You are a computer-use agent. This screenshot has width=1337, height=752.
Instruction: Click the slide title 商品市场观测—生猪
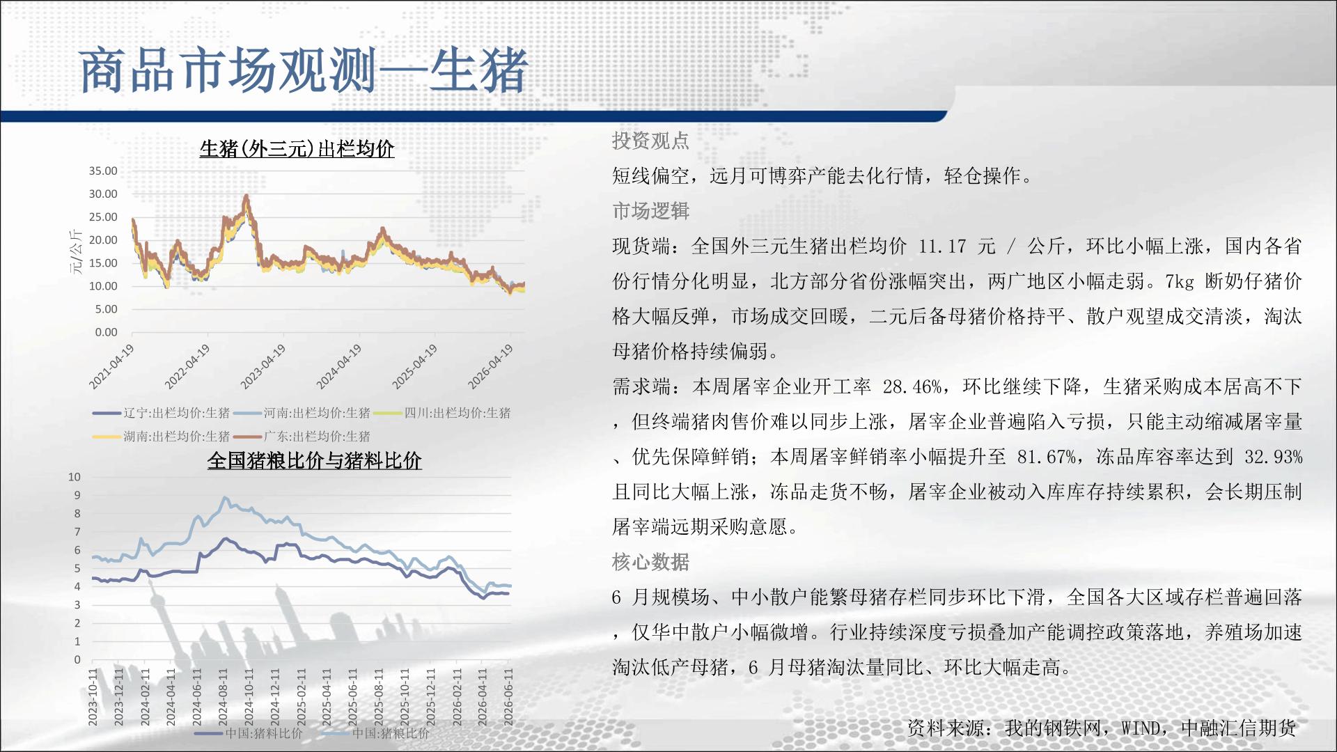click(304, 71)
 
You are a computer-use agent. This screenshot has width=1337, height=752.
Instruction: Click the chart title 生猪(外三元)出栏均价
click(297, 149)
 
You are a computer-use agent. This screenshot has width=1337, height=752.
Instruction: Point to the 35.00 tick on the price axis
click(103, 171)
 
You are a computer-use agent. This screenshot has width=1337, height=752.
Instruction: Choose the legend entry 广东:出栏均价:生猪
click(302, 437)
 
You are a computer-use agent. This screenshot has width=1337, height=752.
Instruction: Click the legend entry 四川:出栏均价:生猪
click(442, 413)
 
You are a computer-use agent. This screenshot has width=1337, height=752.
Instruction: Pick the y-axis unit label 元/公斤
click(76, 251)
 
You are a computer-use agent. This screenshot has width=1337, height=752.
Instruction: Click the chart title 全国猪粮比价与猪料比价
click(315, 460)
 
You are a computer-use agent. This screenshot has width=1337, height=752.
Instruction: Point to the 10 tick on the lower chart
click(75, 477)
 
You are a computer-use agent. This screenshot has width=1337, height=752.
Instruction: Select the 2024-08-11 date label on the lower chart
click(223, 697)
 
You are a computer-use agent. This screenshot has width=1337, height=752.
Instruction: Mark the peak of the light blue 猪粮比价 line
click(224, 497)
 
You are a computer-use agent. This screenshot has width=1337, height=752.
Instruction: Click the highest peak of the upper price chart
click(246, 196)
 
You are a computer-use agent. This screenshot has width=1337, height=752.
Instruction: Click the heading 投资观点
click(650, 141)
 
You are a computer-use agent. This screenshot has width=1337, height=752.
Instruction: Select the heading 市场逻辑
click(650, 210)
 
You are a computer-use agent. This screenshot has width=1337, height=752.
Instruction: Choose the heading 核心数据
click(650, 561)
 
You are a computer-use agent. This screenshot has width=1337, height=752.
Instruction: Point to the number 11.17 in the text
click(942, 246)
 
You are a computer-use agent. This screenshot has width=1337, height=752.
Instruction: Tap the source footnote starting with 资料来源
click(1102, 728)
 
